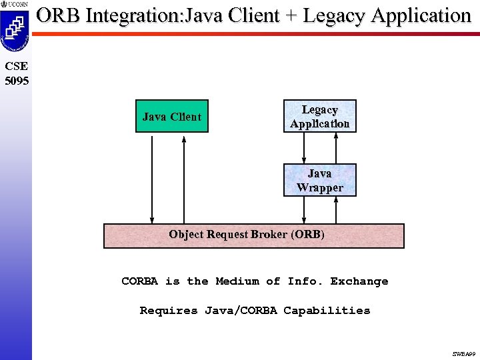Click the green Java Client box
coord(171,117)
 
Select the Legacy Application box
coord(319,117)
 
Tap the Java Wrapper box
coord(319,180)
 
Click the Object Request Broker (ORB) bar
coord(253,235)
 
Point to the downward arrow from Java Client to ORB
coord(153,177)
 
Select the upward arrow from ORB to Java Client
coord(184,177)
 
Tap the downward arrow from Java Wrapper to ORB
coord(304,209)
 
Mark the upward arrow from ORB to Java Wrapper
coord(336,209)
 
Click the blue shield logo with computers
coord(14,30)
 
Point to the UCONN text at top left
coord(18,4)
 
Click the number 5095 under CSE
coord(16,81)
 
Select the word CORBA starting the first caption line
coord(139,281)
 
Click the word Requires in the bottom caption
coord(169,310)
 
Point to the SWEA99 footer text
coord(464,354)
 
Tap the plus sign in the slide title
coord(291,15)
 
